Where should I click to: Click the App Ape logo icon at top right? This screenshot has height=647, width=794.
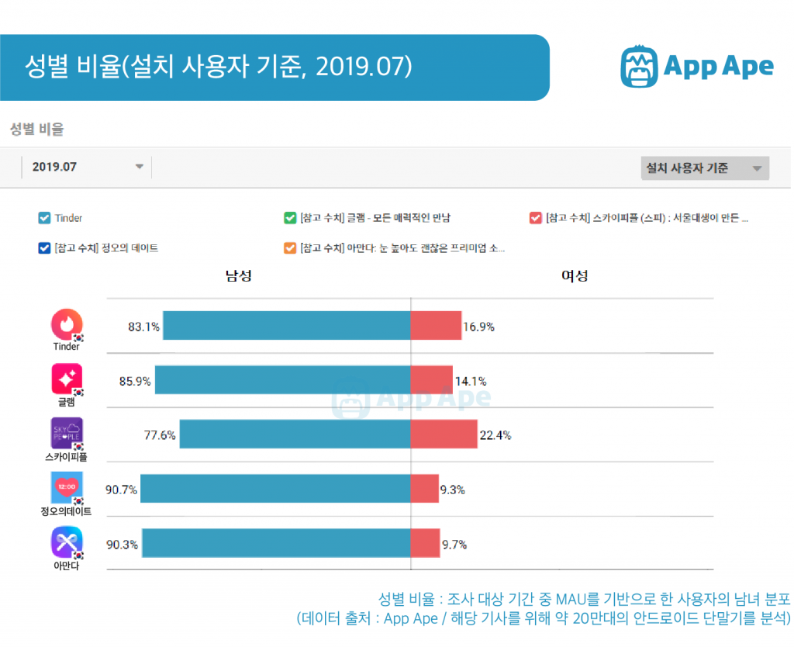point(639,66)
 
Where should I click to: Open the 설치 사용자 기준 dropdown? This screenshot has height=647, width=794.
point(704,168)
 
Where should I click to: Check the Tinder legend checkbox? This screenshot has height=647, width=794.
point(44,218)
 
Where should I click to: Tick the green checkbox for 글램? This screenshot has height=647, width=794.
point(290,218)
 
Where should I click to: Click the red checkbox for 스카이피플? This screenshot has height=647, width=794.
point(535,218)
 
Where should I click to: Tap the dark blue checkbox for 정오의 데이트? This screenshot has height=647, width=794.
point(44,248)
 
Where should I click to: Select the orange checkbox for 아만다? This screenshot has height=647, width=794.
point(290,248)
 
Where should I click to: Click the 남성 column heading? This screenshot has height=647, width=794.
point(238,276)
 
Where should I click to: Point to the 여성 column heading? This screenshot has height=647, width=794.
point(575,276)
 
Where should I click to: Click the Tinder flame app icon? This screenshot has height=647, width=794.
point(66,324)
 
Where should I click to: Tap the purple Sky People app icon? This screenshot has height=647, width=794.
point(66,433)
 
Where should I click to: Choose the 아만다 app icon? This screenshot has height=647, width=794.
point(66,542)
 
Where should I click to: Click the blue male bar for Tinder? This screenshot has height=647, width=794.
point(286,326)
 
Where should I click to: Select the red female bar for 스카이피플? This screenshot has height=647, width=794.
point(444,434)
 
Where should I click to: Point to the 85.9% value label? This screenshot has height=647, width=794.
point(135,381)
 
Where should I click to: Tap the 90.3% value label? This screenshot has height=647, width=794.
point(122,545)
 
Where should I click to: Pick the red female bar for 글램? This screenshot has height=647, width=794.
point(431,380)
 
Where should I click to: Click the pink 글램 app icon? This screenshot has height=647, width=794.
point(66,379)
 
